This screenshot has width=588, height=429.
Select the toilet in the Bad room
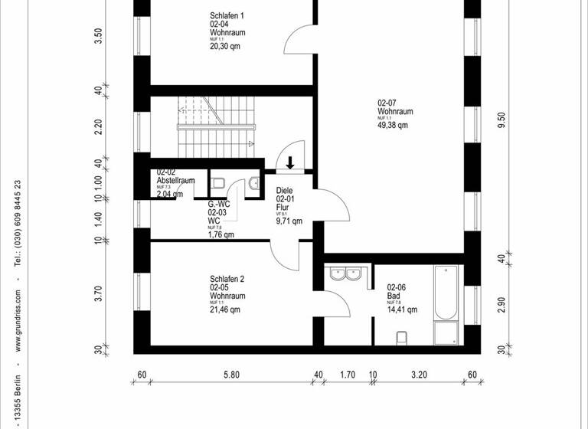pyautogui.click(x=401, y=337)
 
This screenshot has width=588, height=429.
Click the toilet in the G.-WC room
pyautogui.click(x=217, y=182)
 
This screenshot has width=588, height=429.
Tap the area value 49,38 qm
pyautogui.click(x=393, y=125)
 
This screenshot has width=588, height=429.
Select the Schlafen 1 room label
pyautogui.click(x=227, y=15)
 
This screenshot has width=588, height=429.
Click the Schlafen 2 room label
pyautogui.click(x=227, y=280)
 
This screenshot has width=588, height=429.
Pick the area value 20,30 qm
pyautogui.click(x=225, y=46)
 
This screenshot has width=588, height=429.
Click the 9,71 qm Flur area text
pyautogui.click(x=289, y=221)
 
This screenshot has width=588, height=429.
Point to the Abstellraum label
pyautogui.click(x=175, y=181)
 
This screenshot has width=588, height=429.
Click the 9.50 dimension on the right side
pyautogui.click(x=501, y=123)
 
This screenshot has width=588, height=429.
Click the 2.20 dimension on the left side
pyautogui.click(x=98, y=127)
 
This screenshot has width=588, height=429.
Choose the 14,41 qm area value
pyautogui.click(x=402, y=310)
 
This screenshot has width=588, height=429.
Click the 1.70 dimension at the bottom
pyautogui.click(x=347, y=375)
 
